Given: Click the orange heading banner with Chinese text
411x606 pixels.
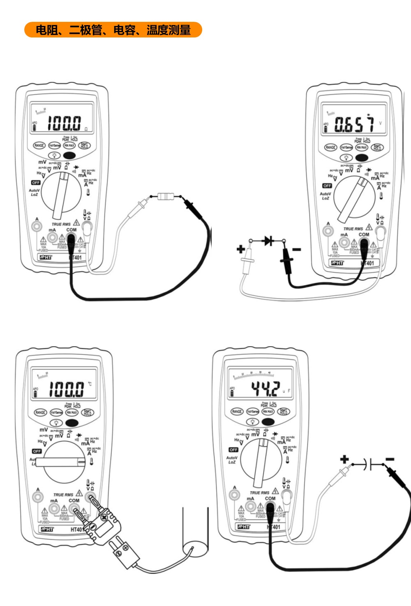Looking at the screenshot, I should tap(113, 30).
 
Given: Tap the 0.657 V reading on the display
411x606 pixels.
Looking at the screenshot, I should tap(354, 124).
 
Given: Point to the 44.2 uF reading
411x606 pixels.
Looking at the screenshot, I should tap(266, 388).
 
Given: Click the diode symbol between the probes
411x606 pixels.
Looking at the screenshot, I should tap(268, 240).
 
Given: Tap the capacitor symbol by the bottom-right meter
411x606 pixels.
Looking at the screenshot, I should tap(368, 465).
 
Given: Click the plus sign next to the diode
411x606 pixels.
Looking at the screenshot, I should tap(241, 249).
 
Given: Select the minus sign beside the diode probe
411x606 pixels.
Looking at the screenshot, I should tap(296, 249).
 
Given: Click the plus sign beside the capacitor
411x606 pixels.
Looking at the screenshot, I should tap(344, 459).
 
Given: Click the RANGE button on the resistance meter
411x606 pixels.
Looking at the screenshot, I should tap(39, 145).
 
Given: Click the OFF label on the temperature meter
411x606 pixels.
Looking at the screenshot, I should tap(37, 451).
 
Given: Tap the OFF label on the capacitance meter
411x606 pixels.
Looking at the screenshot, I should tap(233, 450).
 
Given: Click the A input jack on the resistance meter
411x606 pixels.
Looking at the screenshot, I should tap(37, 226).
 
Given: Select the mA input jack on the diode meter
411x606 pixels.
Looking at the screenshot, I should tap(344, 242).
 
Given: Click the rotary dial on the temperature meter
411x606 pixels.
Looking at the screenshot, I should tap(64, 462).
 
